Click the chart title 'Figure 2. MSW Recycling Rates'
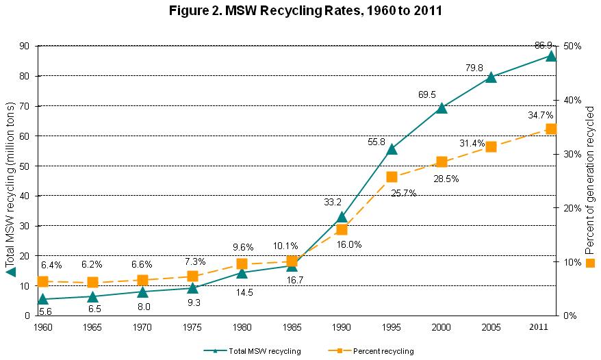[300, 12]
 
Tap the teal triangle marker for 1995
[392, 149]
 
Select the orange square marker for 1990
[342, 229]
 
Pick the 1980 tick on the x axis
[242, 327]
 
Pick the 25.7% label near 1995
[403, 193]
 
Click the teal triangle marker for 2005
[491, 77]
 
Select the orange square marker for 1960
[42, 281]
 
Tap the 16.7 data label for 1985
[295, 281]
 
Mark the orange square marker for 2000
[442, 162]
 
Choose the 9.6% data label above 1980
[243, 247]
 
